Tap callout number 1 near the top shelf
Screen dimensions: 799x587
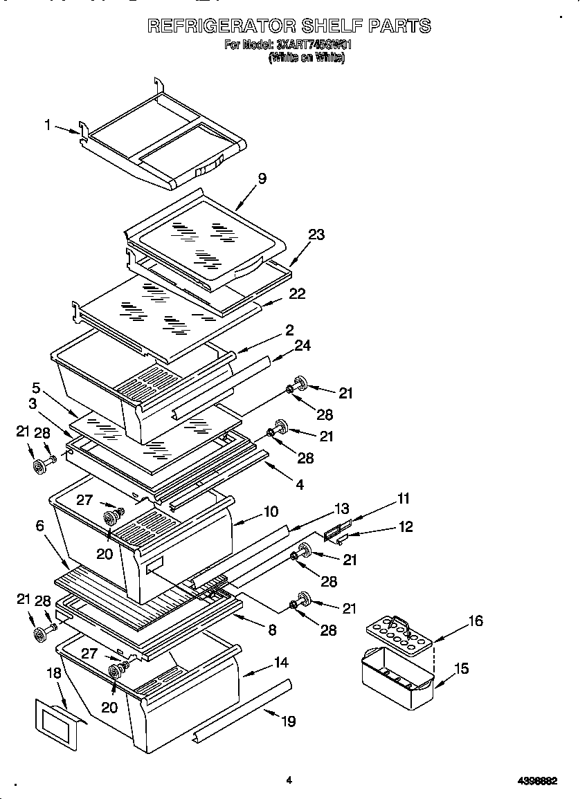[x=48, y=125]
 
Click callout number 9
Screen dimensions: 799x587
[x=262, y=178]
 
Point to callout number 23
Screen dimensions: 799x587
[x=316, y=235]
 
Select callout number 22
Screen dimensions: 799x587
[x=297, y=293]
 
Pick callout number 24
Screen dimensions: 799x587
[x=302, y=345]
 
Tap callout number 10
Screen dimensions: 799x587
[x=271, y=511]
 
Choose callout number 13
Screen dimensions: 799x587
[x=341, y=508]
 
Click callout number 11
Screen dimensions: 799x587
[x=404, y=497]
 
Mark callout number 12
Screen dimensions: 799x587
[x=406, y=526]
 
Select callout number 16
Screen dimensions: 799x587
[x=475, y=621]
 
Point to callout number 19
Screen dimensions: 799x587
[x=288, y=721]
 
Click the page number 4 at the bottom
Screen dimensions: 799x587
[x=289, y=780]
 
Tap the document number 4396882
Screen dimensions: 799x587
[x=537, y=781]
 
